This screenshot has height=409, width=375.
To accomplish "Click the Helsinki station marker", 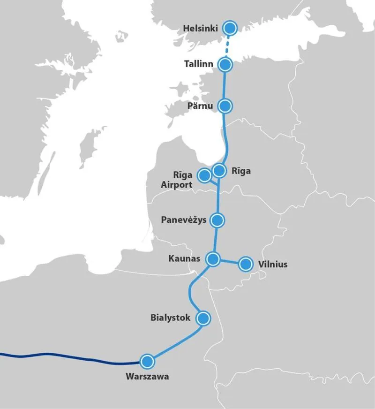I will click(230, 28).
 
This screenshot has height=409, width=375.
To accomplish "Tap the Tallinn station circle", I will click(225, 64).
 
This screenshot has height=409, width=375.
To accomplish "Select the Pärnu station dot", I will click(225, 106).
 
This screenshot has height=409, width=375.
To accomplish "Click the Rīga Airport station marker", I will click(204, 175).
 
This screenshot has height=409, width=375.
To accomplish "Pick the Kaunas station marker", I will click(213, 258).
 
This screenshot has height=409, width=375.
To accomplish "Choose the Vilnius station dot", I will click(245, 264).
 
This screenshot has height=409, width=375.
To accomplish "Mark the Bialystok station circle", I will click(203, 318).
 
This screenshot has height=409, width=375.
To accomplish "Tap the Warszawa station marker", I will click(147, 361).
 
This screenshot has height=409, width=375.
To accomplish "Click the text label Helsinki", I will click(201, 29).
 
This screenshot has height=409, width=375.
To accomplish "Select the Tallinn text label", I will click(198, 64).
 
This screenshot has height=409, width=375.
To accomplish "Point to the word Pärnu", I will click(201, 106).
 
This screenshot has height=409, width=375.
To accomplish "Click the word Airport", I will click(177, 185).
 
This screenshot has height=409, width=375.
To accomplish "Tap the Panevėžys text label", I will click(183, 220).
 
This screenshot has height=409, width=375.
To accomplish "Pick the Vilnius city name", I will click(273, 264).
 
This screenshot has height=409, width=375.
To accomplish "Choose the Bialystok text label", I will click(171, 318).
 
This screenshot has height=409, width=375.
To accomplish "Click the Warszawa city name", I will click(147, 376).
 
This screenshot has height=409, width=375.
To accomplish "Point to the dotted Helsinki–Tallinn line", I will click(227, 46).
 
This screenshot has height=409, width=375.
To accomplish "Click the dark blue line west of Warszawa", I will click(70, 356).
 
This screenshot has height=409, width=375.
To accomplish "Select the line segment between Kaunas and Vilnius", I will click(229, 261).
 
